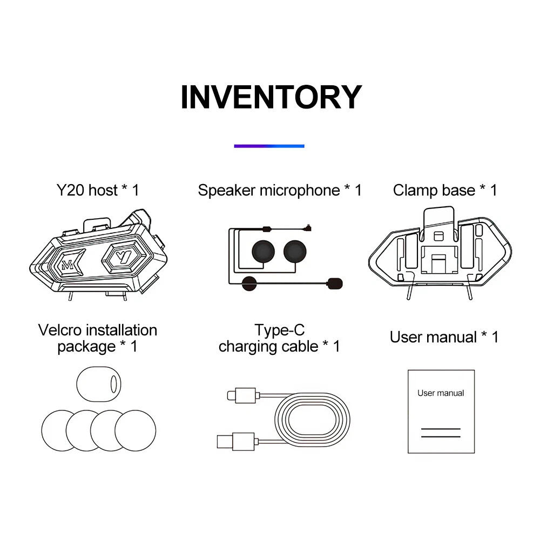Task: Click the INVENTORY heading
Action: [x=271, y=97]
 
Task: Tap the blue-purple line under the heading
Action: [x=269, y=146]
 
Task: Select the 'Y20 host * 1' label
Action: [x=98, y=190]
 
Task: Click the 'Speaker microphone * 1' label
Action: [x=280, y=190]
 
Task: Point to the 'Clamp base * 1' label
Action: [x=445, y=190]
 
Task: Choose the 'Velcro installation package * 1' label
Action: [x=98, y=338]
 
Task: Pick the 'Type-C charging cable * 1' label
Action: [x=279, y=338]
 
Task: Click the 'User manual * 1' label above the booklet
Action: [x=444, y=337]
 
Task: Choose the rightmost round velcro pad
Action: [x=136, y=430]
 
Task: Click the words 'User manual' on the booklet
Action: [x=441, y=393]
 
